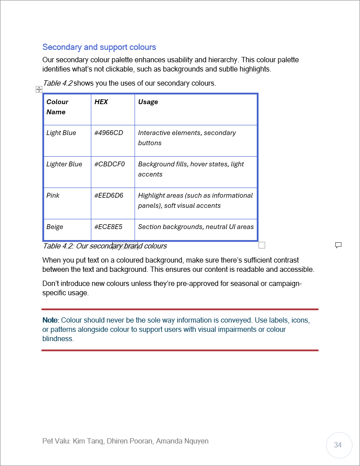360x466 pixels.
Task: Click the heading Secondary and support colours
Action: point(99,47)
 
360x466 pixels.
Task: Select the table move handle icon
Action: point(39,90)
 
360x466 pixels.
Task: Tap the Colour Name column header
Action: point(57,107)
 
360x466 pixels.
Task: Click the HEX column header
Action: point(101,102)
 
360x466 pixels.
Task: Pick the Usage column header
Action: point(148,102)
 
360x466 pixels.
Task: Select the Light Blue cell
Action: point(61,133)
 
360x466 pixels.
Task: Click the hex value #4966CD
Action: point(109,133)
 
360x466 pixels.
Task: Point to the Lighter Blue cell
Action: point(64,164)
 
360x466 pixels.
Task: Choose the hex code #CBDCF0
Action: point(109,164)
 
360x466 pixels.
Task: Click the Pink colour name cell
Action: point(53,195)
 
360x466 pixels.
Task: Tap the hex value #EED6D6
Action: point(109,195)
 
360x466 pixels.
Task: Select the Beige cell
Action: point(55,227)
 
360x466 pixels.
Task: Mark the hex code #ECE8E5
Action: point(108,227)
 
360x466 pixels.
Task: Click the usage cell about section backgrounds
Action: point(196,227)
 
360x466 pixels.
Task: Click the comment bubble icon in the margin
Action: point(338,245)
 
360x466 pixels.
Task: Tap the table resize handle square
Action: point(262,245)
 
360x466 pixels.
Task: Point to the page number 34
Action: point(338,445)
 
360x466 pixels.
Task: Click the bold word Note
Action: point(49,320)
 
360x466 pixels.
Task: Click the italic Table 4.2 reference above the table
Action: point(57,83)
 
